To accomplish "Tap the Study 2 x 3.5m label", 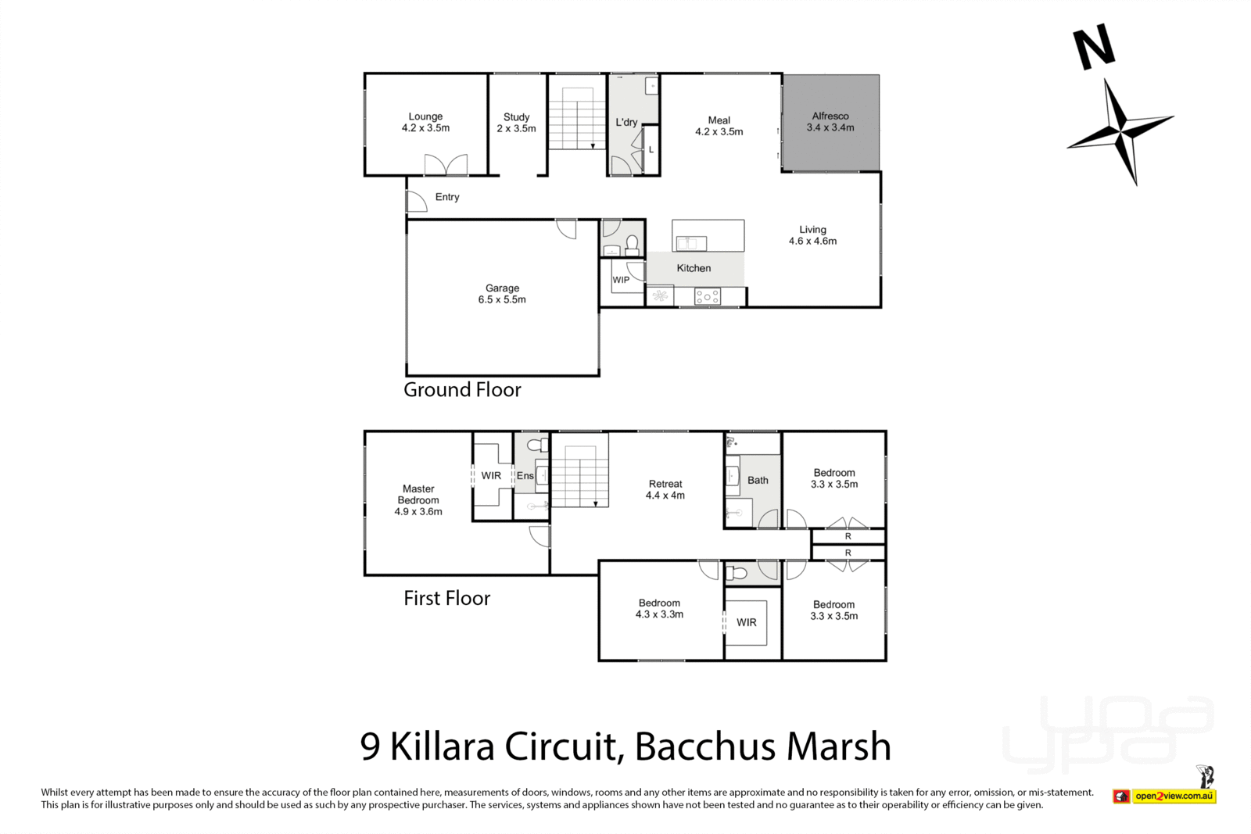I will (516, 123).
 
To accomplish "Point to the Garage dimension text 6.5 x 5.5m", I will (502, 299).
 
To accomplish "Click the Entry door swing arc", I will (417, 202).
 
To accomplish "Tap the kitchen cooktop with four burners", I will (708, 296).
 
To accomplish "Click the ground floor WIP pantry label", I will (621, 280).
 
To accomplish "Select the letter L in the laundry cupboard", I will (651, 149).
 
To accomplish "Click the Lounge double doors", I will (446, 165).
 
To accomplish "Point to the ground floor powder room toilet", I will (632, 243).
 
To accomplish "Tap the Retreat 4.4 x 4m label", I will (665, 489).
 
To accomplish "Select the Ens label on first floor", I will (525, 475).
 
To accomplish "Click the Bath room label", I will (758, 480).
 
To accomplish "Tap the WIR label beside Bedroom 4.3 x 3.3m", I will (746, 622).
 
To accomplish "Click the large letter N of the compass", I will (1093, 47).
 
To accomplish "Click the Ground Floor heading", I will (462, 389).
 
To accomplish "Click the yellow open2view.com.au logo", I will (1174, 796).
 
